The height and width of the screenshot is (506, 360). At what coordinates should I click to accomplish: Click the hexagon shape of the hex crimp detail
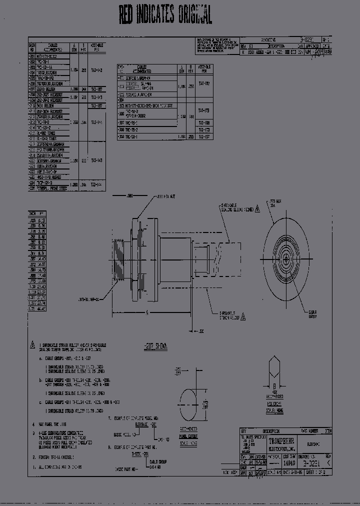tap(274, 367)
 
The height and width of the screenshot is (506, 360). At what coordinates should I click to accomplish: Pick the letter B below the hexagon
tap(274, 386)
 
